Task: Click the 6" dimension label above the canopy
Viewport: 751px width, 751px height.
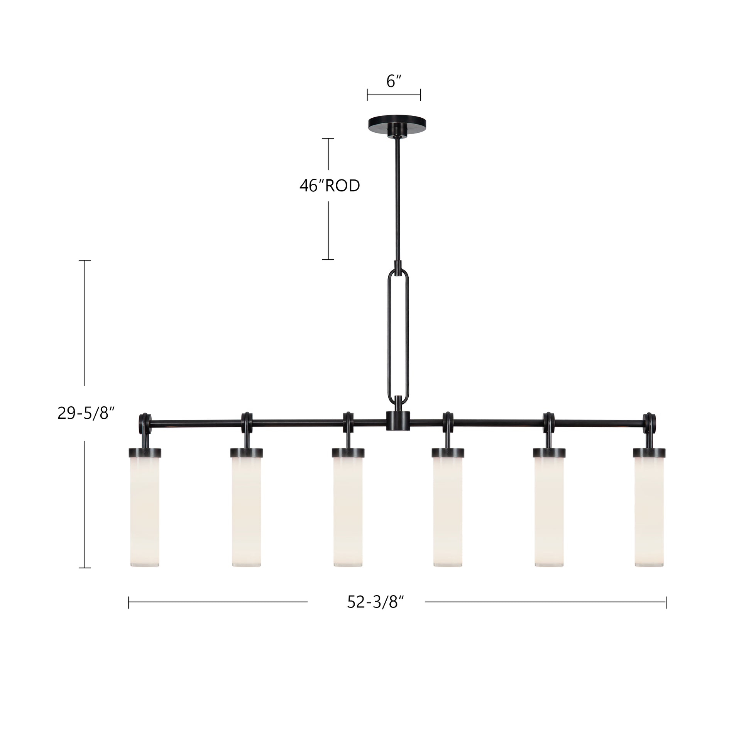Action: coord(393,81)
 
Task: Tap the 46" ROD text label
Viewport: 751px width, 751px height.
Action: coord(330,186)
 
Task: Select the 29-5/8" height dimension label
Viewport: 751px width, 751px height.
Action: coord(86,413)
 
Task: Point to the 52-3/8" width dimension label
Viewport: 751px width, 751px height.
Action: coord(375,602)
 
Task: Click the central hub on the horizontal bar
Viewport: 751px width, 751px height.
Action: coord(398,421)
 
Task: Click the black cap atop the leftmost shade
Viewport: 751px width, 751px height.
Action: coord(145,452)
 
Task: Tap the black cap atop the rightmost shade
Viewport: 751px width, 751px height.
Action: coord(649,452)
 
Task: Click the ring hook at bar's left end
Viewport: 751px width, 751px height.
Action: coord(145,421)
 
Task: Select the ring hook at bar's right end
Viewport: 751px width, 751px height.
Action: coord(649,421)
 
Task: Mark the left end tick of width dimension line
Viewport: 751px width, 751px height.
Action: coord(129,602)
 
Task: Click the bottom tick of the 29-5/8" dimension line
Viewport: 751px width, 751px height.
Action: coord(85,568)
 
